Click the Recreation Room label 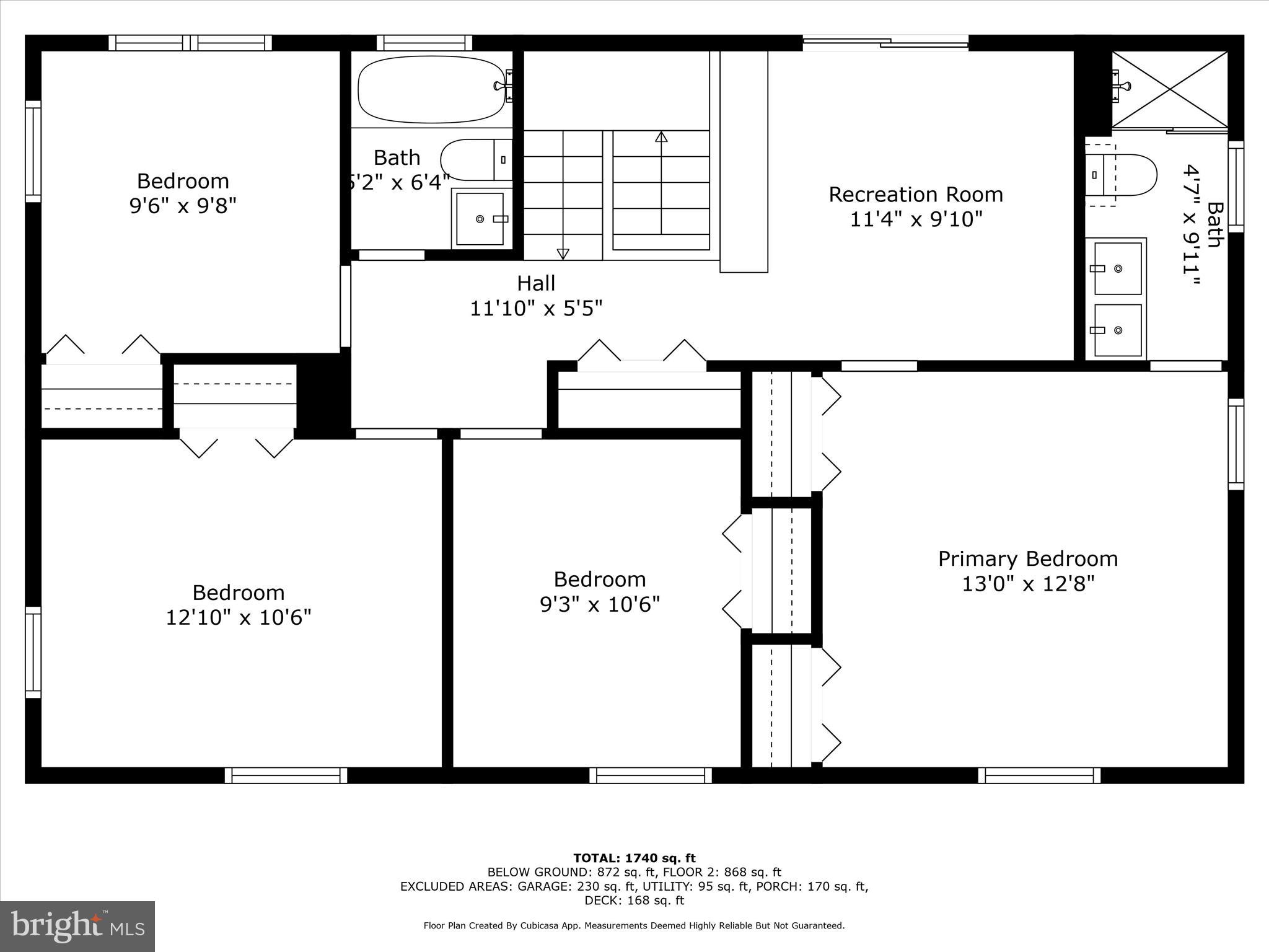click(915, 195)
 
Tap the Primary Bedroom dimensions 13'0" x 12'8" click(1028, 584)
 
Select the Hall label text click(536, 283)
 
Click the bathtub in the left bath click(432, 89)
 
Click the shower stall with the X click(1169, 89)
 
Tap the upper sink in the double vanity click(1118, 268)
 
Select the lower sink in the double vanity click(1118, 330)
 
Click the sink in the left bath click(480, 219)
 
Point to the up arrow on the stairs click(661, 138)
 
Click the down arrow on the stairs click(563, 253)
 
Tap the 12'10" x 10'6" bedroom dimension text click(238, 617)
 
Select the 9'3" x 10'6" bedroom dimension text click(599, 604)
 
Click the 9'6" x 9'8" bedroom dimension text click(183, 205)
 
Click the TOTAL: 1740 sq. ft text click(634, 858)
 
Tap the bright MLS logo click(77, 926)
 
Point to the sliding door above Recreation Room click(885, 42)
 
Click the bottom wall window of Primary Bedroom click(1039, 775)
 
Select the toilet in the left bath click(474, 160)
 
